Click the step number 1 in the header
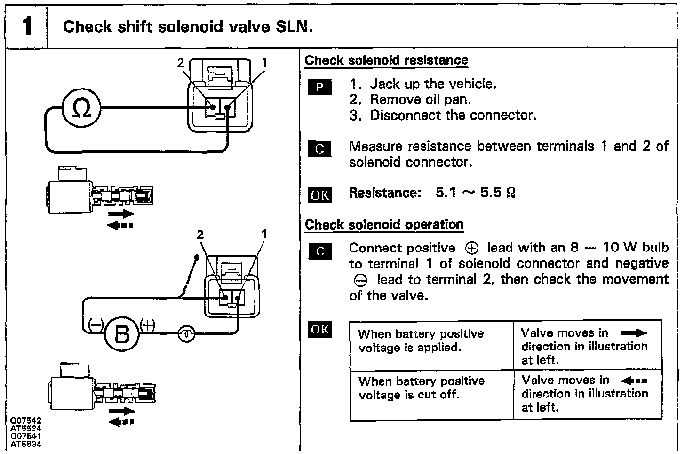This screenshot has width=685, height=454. [x=27, y=25]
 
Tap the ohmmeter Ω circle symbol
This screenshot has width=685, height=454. [x=81, y=109]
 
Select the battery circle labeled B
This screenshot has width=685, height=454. [x=122, y=334]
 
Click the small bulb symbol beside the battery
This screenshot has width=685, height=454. [x=187, y=334]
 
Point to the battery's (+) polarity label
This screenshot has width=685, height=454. [x=147, y=325]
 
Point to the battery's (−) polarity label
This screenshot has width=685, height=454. [x=96, y=325]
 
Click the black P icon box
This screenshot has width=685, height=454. [x=319, y=87]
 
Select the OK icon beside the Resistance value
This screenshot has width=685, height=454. [x=319, y=195]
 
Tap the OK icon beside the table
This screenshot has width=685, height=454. [x=319, y=329]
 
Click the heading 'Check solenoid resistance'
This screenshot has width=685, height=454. [x=386, y=60]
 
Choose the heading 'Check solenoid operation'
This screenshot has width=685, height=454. [x=384, y=225]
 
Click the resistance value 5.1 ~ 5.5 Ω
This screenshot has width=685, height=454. [x=476, y=193]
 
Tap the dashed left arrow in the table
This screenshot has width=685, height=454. [x=634, y=381]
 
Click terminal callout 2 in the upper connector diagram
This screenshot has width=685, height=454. [x=180, y=63]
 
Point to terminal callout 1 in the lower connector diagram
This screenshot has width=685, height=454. [x=264, y=234]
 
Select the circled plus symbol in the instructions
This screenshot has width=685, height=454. [x=471, y=248]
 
